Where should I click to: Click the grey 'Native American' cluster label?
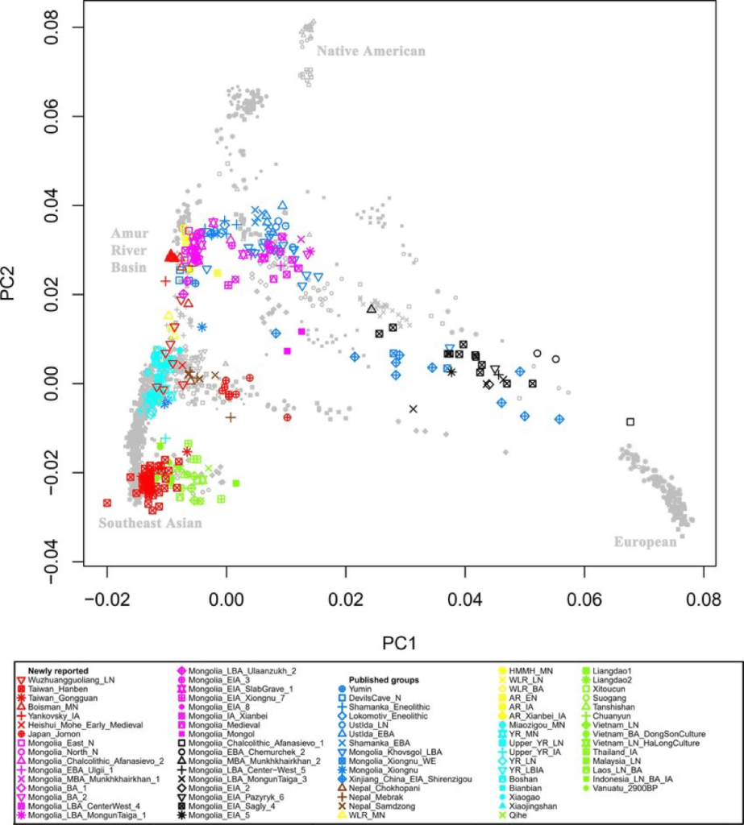tap(370, 52)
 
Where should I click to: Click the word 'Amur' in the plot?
tap(131, 233)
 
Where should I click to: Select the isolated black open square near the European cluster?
tap(630, 421)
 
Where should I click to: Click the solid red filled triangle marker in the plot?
tap(171, 255)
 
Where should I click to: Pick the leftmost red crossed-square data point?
tap(107, 503)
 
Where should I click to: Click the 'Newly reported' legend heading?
tap(59, 670)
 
